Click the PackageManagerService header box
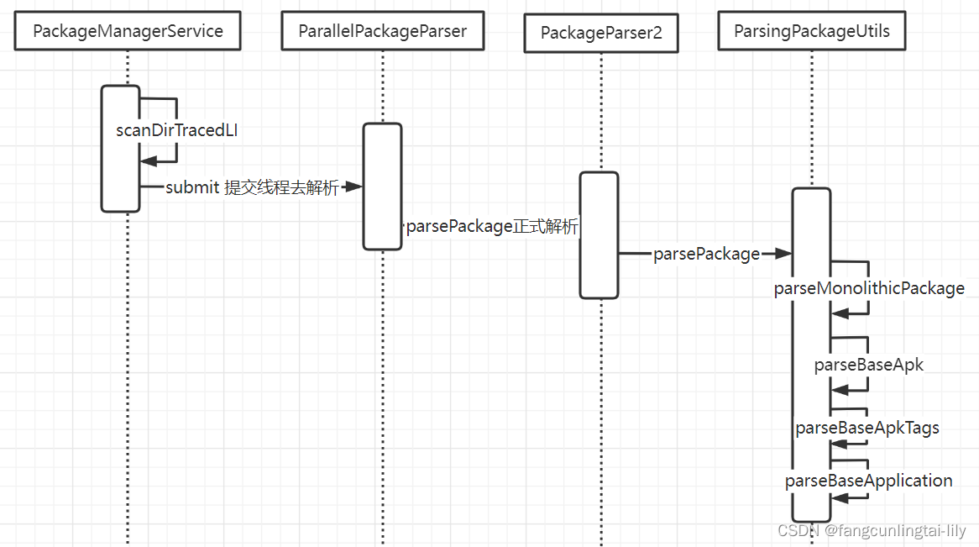[128, 31]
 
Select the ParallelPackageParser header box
[382, 31]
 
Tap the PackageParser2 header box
[601, 33]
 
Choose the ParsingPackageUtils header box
[812, 31]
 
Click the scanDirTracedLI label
[183, 130]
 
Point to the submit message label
[251, 187]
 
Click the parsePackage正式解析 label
[492, 227]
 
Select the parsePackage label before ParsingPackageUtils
[706, 254]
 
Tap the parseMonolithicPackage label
[869, 288]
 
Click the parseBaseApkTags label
[867, 428]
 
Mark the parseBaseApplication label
[868, 481]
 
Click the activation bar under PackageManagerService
[120, 149]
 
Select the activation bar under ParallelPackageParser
[382, 187]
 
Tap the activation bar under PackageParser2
[599, 235]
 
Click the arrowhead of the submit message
[353, 187]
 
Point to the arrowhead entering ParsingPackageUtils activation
[783, 254]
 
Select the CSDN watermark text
[872, 531]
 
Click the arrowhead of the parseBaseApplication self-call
[839, 498]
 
